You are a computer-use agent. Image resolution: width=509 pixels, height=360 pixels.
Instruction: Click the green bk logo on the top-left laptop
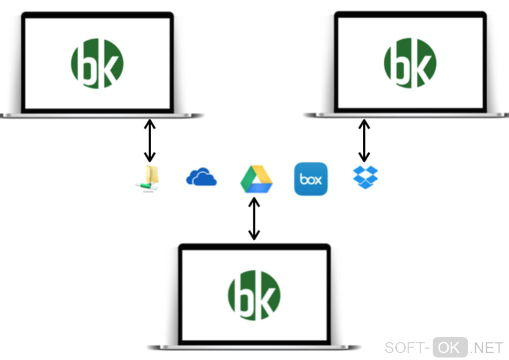click(x=97, y=63)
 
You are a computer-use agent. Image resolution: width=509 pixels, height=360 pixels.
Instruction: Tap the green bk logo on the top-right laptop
click(x=410, y=63)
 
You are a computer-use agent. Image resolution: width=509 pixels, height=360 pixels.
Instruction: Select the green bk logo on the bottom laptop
click(x=254, y=295)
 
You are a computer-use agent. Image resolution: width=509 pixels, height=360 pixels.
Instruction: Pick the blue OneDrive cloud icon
click(x=201, y=177)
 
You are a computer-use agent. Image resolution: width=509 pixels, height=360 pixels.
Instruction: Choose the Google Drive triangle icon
click(x=256, y=179)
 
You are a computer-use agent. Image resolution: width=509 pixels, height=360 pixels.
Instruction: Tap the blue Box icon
click(x=311, y=179)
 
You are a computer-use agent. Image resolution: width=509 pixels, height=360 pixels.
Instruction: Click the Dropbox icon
click(x=365, y=177)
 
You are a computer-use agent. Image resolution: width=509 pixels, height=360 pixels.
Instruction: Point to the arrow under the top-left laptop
click(x=149, y=140)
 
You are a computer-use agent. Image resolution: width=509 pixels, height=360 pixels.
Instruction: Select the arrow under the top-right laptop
click(x=365, y=140)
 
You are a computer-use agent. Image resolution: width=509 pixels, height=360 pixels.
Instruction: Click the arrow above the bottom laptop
click(x=254, y=218)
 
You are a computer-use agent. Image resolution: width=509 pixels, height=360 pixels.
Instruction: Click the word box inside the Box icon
click(x=311, y=179)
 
